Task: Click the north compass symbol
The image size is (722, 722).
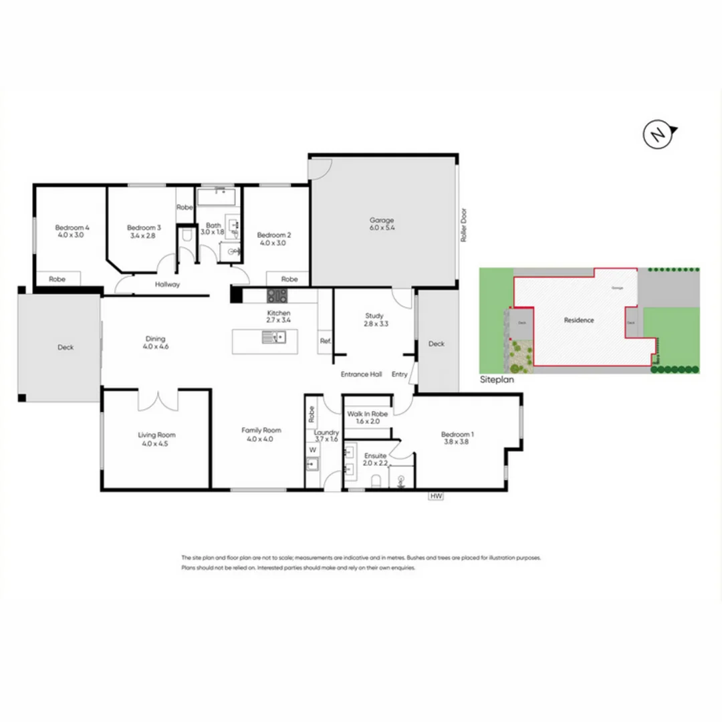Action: coord(658,136)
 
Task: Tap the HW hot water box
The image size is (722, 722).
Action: coord(437,496)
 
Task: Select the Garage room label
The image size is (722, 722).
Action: coord(382,220)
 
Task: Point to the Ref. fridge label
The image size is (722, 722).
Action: coord(325,341)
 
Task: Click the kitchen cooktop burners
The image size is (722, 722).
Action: coord(277,295)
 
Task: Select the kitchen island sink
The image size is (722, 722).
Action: coord(274,338)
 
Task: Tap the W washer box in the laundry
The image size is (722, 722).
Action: coord(312,450)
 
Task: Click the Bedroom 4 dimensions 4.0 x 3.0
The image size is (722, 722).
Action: coord(71,235)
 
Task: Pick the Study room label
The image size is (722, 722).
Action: coord(374,316)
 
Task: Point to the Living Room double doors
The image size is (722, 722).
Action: coord(158,399)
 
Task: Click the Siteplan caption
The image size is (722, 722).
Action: coord(497,378)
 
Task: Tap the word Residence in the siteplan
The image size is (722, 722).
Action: coord(578,320)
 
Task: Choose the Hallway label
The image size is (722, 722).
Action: coord(167,284)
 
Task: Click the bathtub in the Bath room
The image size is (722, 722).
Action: coord(215,197)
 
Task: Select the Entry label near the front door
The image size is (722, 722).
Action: coord(399,374)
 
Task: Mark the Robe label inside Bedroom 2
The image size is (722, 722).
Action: coord(289,279)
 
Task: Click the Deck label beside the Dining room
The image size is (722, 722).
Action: coord(66,347)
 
